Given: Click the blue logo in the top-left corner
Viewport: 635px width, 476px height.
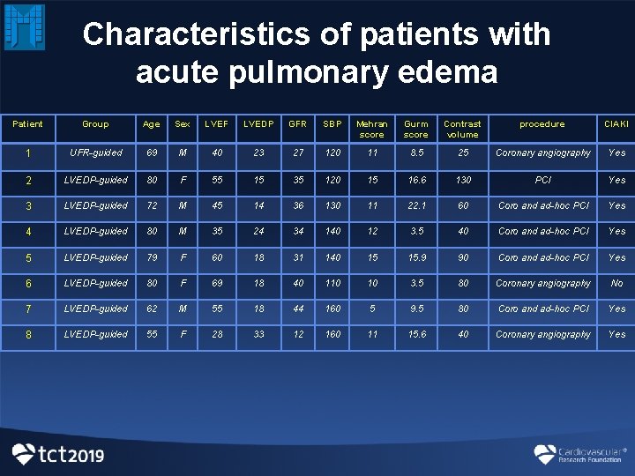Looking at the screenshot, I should tap(24, 26).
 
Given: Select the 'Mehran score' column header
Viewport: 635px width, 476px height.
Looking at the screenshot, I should tap(372, 130).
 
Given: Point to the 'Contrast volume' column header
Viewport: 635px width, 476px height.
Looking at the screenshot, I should tap(462, 130).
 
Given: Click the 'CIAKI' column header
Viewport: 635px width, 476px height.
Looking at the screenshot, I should tap(616, 124).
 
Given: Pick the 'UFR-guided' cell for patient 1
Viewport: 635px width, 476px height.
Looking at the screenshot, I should tap(95, 153).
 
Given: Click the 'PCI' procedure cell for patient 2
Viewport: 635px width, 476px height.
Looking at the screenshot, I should tap(542, 180).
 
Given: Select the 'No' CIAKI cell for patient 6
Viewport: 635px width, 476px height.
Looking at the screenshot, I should tap(616, 283).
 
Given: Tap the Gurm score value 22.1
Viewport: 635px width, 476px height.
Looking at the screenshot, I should tap(415, 205).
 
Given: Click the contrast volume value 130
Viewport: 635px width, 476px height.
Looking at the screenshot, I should tap(462, 180).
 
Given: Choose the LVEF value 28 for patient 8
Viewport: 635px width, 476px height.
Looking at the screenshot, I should tap(216, 334).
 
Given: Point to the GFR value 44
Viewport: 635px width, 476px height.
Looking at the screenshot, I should tap(298, 309).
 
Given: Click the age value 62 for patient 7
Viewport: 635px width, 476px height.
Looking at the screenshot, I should tap(151, 309).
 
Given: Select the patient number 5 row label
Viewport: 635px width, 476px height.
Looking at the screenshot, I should tap(28, 257).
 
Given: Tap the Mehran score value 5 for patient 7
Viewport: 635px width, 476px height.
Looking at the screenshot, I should tap(372, 309).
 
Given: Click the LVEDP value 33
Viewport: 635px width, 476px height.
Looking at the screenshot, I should tap(258, 334).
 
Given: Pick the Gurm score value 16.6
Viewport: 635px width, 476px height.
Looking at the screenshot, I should tap(415, 180).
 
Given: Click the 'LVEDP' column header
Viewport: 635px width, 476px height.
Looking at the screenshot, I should tap(258, 124).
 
